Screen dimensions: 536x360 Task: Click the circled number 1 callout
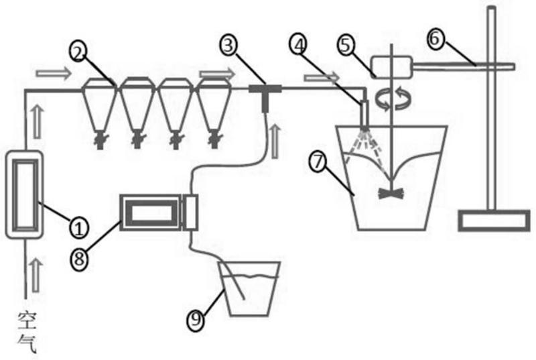click(x=79, y=229)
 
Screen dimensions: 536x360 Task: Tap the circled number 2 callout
click(x=79, y=51)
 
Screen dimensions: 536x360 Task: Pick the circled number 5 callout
click(x=348, y=46)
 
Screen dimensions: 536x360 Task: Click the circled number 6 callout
click(x=435, y=38)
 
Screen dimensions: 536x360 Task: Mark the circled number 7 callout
click(x=318, y=161)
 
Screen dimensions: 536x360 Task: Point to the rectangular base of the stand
click(x=494, y=220)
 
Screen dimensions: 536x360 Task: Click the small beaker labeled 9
click(x=250, y=289)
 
